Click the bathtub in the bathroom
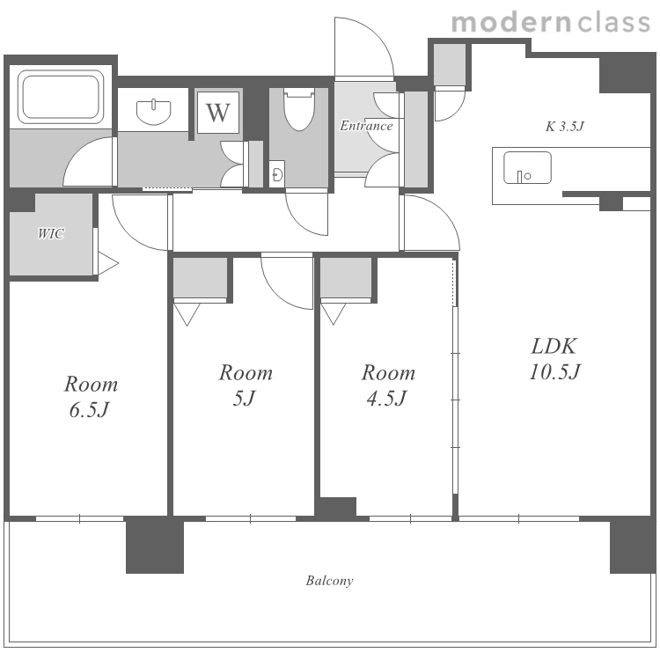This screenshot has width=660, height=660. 61,97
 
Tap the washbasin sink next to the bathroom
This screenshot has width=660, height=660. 154,112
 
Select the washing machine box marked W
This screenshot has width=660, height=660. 218,113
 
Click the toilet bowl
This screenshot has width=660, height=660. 299,109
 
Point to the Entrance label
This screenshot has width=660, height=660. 366,126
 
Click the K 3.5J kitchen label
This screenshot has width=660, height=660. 564,126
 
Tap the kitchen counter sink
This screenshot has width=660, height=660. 527,167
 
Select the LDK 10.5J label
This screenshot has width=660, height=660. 554,359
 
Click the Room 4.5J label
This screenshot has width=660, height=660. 388,385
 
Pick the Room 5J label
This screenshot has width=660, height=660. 246,385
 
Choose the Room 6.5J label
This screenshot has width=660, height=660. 91,397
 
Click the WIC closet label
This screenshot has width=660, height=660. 50,233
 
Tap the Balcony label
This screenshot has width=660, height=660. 329,581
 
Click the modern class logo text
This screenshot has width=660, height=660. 551,23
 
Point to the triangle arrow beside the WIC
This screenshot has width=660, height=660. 107,264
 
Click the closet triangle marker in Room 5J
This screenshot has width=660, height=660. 187,314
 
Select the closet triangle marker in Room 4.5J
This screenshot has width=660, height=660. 334,313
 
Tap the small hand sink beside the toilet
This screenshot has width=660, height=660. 277,173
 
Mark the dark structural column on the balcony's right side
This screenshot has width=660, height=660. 633,546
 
